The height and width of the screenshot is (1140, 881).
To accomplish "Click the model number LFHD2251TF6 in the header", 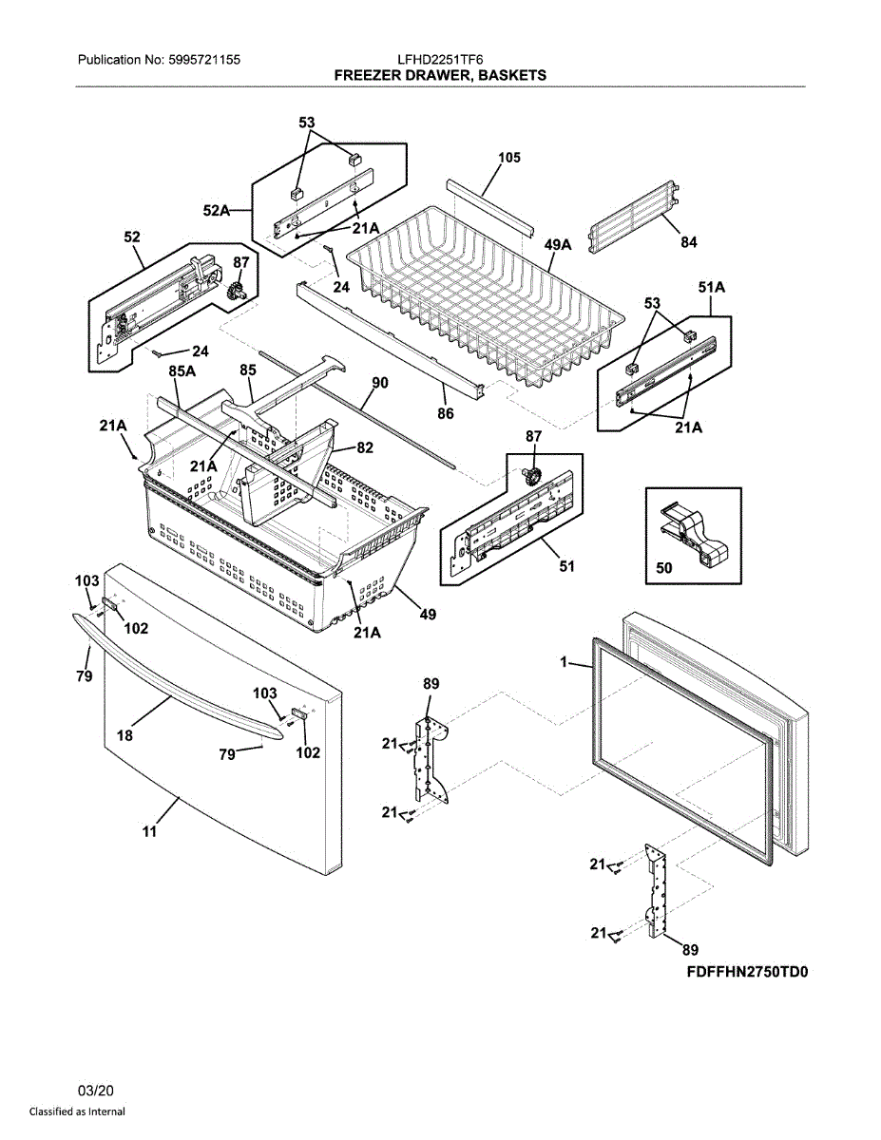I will point(440,59).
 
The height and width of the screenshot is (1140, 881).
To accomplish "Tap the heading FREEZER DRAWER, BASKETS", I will point(440,74).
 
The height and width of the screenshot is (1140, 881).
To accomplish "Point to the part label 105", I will point(508,158).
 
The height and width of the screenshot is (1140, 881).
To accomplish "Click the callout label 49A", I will point(558,245).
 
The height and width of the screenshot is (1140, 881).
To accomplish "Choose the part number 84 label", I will point(688,243).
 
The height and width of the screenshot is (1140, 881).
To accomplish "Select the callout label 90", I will point(379,384).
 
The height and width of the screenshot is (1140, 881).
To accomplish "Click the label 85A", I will point(182,370).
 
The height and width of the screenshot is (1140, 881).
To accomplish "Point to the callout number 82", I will point(366,446).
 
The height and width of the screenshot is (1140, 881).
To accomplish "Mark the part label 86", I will point(445,413).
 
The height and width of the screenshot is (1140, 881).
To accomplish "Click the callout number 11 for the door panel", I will point(149,833).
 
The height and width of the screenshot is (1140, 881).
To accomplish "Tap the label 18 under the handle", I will point(124,734).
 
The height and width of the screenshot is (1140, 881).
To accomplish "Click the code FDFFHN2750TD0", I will point(746,974).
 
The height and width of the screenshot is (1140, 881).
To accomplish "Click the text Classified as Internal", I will point(77,1111).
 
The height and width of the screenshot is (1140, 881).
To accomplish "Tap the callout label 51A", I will point(712,287).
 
